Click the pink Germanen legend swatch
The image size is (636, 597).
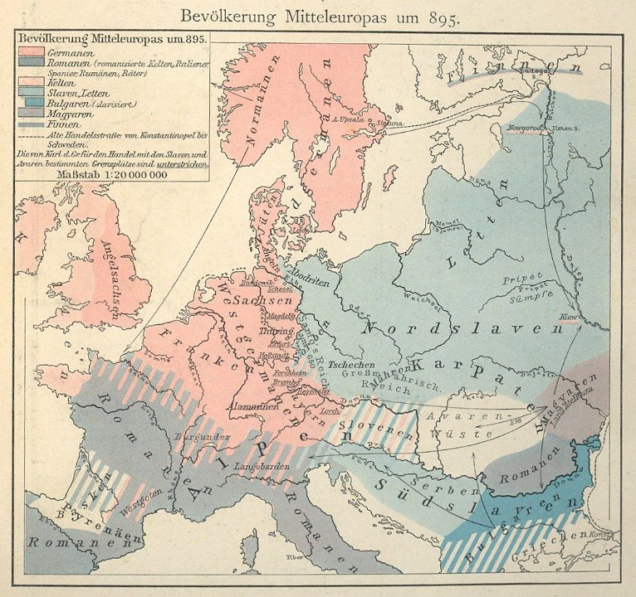point(31,51)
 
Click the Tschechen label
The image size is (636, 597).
point(352,365)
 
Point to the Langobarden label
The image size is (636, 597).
point(260,467)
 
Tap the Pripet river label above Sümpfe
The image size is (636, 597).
point(522,278)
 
